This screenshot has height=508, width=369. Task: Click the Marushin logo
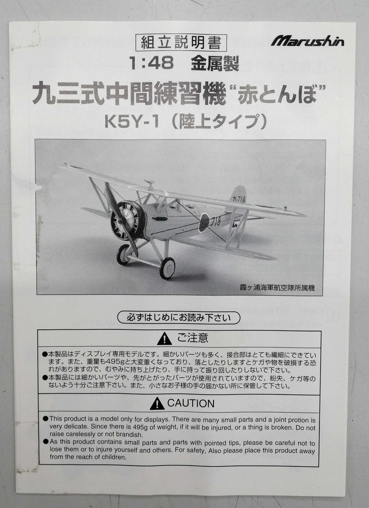(307, 41)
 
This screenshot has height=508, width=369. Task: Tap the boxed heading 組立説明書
(181, 42)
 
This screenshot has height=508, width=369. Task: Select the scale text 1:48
(151, 63)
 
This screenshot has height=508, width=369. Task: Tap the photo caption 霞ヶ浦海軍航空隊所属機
(277, 288)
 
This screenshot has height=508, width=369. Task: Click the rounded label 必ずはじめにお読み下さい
(179, 317)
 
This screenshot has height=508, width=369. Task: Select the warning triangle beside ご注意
(164, 339)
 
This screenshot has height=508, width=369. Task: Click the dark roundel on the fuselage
(204, 221)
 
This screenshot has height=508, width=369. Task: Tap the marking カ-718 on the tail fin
(239, 200)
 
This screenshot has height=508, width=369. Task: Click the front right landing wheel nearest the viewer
(167, 268)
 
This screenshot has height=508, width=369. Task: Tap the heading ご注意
(192, 338)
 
